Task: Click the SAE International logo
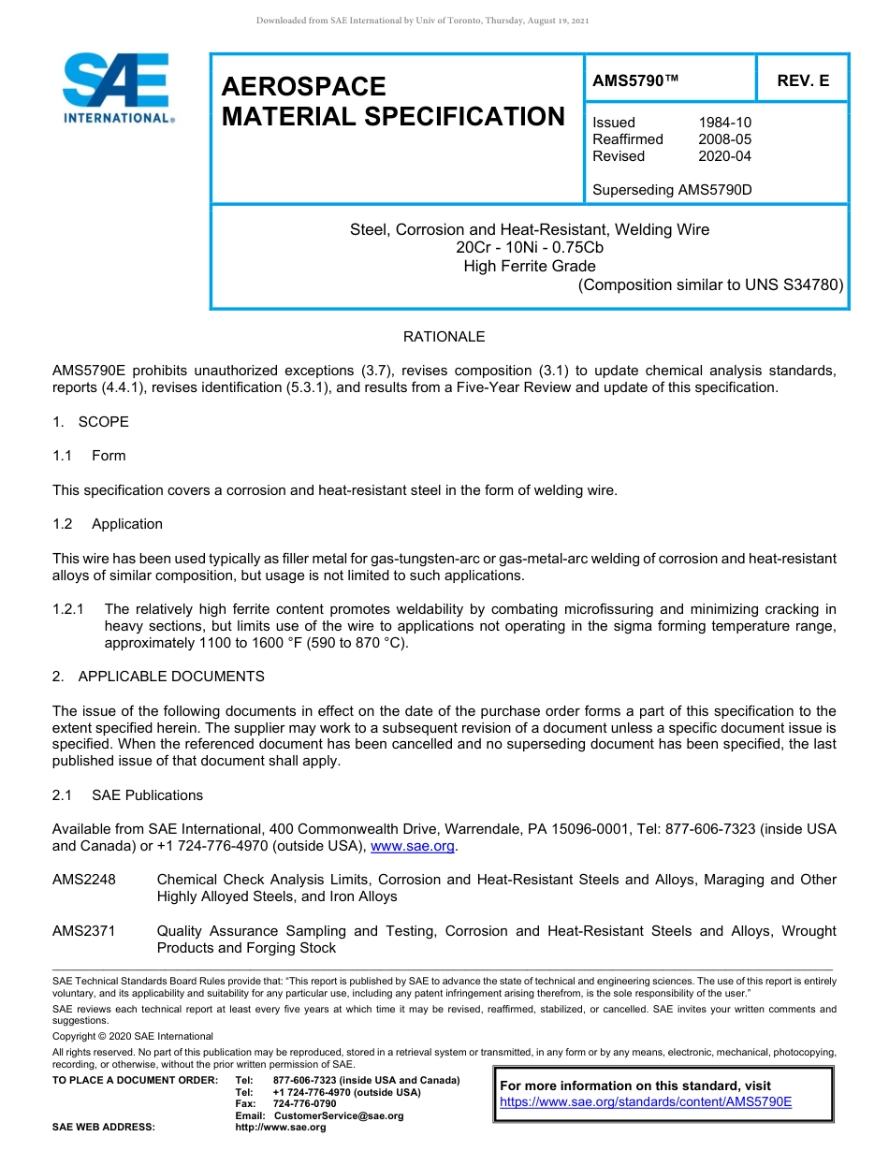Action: pyautogui.click(x=117, y=89)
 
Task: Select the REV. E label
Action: pyautogui.click(x=802, y=81)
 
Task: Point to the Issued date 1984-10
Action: pyautogui.click(x=724, y=123)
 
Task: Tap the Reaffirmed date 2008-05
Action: pyautogui.click(x=724, y=139)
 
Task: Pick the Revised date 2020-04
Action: pyautogui.click(x=724, y=156)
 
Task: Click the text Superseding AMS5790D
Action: pyautogui.click(x=672, y=190)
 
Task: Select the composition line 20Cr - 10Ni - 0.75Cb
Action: pyautogui.click(x=530, y=248)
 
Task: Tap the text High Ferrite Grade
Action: pyautogui.click(x=530, y=266)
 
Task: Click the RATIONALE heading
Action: pyautogui.click(x=444, y=337)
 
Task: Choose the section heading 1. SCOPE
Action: pyautogui.click(x=91, y=422)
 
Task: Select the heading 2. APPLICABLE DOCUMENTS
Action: pyautogui.click(x=158, y=677)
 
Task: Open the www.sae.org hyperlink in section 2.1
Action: pyautogui.click(x=413, y=847)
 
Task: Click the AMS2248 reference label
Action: pyautogui.click(x=83, y=880)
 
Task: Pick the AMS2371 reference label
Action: pyautogui.click(x=83, y=931)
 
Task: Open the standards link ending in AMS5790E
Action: pyautogui.click(x=646, y=1102)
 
